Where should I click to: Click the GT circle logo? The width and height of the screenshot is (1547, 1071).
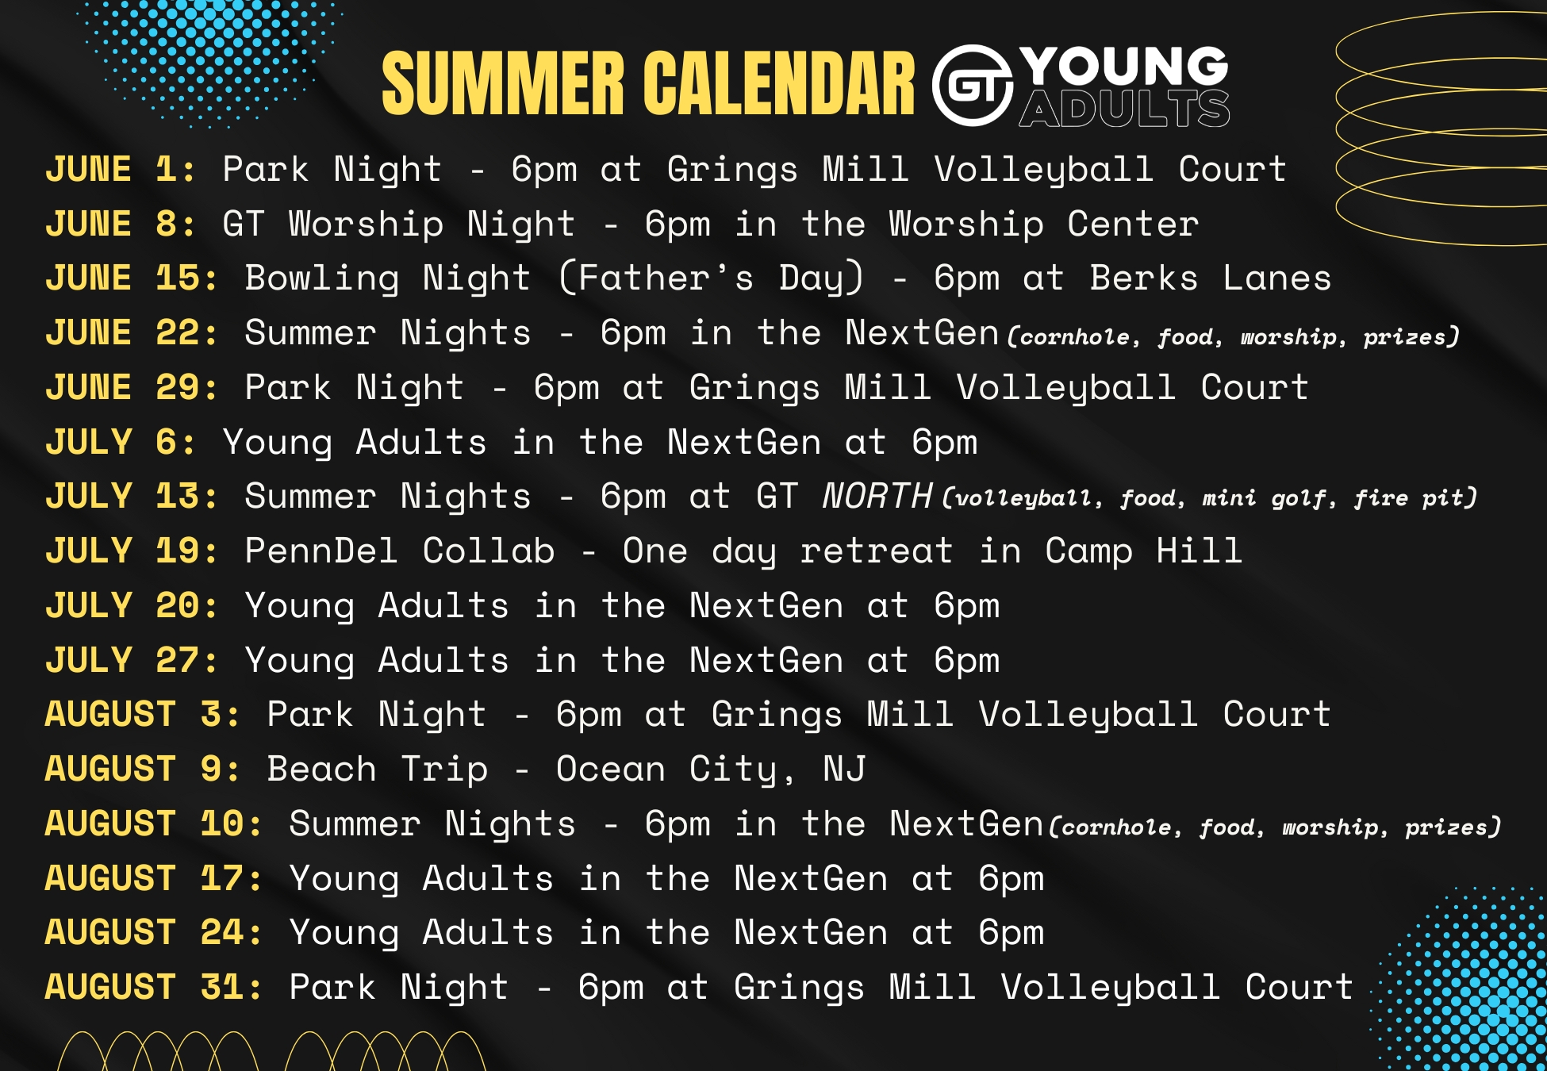pyautogui.click(x=973, y=86)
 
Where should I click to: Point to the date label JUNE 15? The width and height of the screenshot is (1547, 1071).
pyautogui.click(x=132, y=278)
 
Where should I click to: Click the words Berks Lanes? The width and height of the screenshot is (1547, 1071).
pyautogui.click(x=1211, y=278)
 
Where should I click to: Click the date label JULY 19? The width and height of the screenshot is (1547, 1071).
pyautogui.click(x=132, y=551)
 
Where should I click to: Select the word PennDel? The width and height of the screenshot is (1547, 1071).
pyautogui.click(x=321, y=551)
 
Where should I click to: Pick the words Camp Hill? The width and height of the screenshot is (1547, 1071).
pyautogui.click(x=1144, y=551)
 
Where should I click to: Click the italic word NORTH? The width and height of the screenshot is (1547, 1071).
pyautogui.click(x=877, y=496)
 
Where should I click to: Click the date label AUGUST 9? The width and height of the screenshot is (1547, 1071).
pyautogui.click(x=143, y=769)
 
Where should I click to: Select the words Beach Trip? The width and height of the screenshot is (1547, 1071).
pyautogui.click(x=378, y=770)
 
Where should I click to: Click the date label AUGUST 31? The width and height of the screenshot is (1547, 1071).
pyautogui.click(x=154, y=987)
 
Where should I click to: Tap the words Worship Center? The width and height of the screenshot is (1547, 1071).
pyautogui.click(x=1044, y=225)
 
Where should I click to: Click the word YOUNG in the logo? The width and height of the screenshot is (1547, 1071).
pyautogui.click(x=1124, y=66)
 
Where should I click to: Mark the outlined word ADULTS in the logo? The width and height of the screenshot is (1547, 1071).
pyautogui.click(x=1124, y=109)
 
